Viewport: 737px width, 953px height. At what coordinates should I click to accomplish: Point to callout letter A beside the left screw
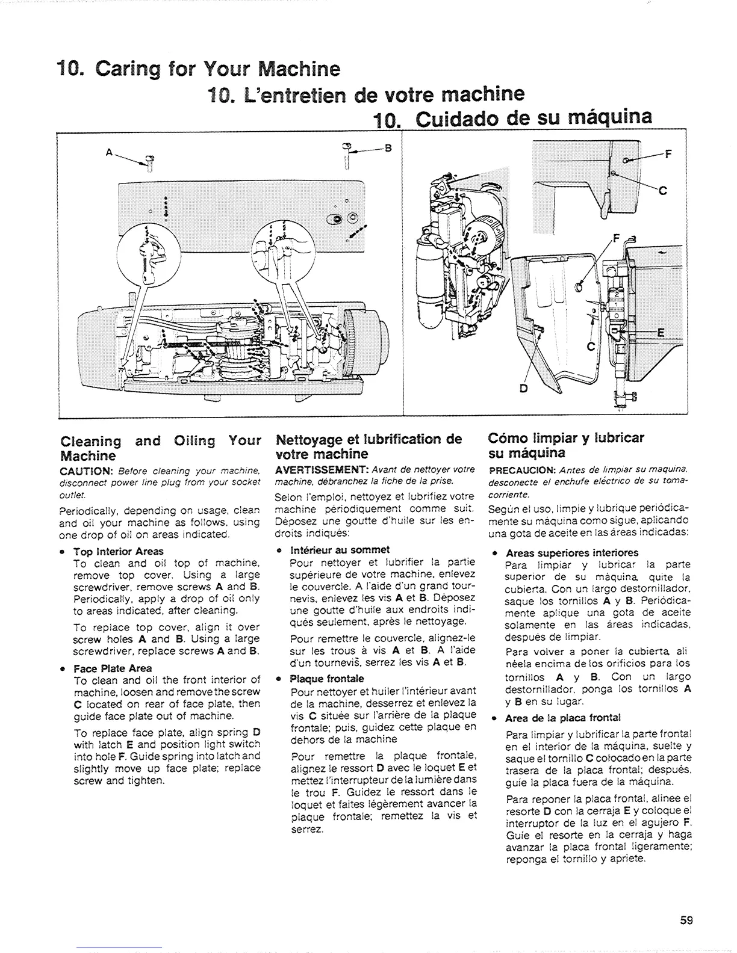coord(109,153)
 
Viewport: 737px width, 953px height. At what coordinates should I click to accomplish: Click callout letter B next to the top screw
coord(388,152)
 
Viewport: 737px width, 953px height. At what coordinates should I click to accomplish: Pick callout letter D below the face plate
coord(523,388)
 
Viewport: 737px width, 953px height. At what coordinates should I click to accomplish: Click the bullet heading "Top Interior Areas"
coord(118,552)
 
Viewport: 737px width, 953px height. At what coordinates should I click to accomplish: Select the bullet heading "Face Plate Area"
coord(112,668)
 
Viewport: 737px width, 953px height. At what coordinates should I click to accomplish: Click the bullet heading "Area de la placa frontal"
coord(563,718)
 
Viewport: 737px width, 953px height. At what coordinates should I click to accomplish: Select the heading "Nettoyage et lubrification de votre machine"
coord(367,445)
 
